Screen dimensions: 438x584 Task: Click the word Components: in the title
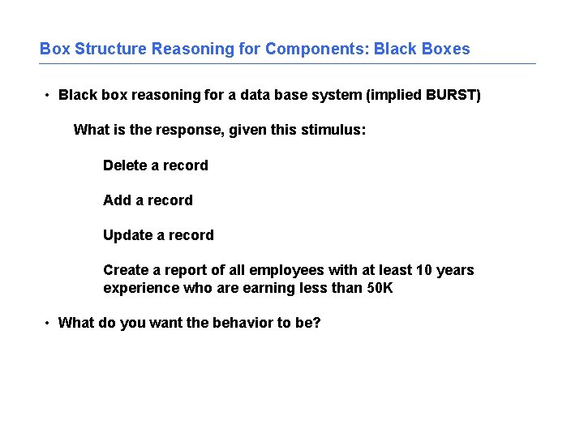tap(316, 49)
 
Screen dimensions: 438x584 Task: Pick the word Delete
tap(124, 165)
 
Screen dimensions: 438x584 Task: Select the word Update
tap(127, 235)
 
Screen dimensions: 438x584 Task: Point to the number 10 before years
tap(423, 270)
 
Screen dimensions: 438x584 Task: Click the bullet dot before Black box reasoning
tap(48, 96)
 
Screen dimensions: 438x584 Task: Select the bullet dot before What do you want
tap(48, 324)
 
